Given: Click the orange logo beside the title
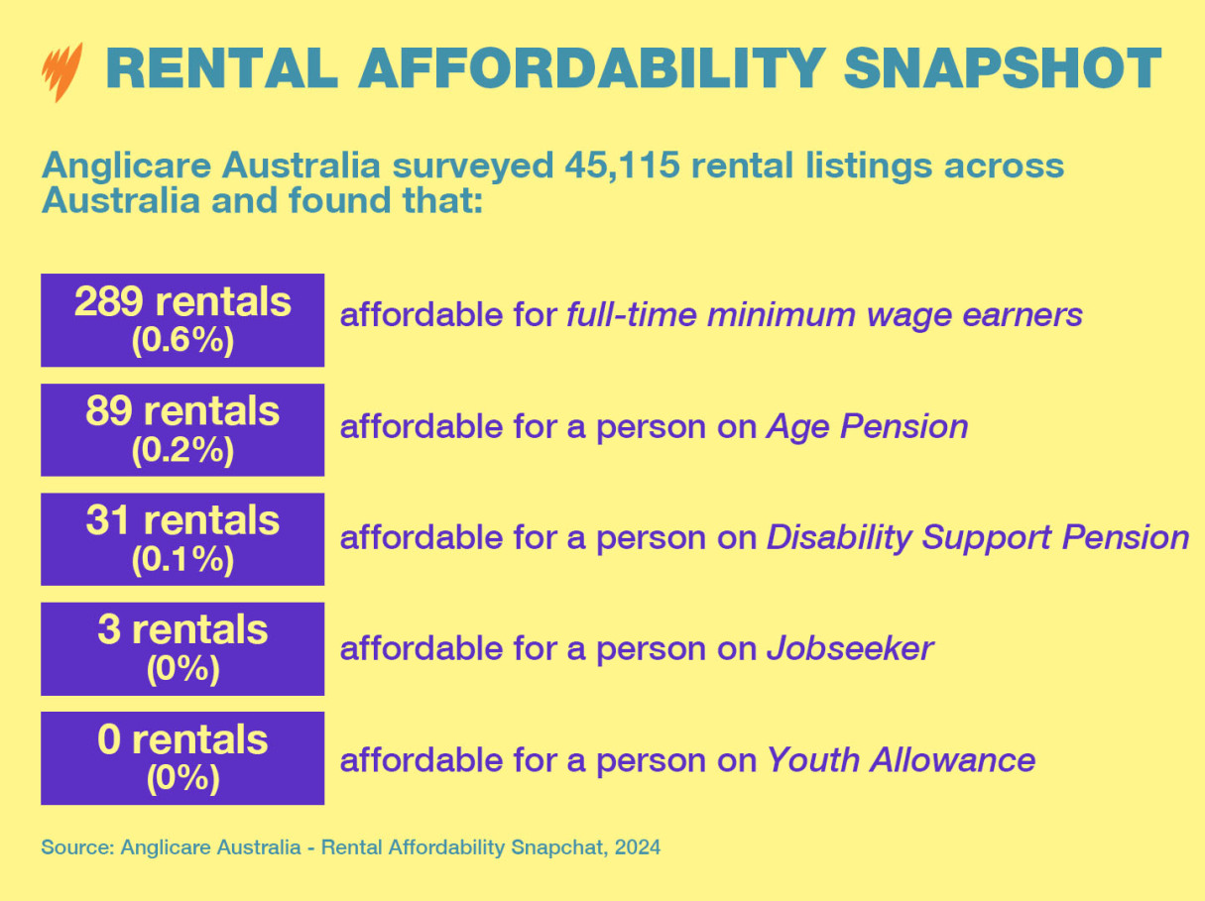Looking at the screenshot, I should click(61, 71).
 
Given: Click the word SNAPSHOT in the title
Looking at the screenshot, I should click(1003, 67).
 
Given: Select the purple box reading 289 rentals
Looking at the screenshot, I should click(182, 319).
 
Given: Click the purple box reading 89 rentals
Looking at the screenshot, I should click(182, 429).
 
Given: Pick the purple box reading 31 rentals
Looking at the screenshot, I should click(182, 538).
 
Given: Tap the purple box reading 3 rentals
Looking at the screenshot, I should click(182, 648).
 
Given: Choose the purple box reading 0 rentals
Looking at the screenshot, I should click(182, 757).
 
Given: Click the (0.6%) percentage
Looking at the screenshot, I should click(182, 341).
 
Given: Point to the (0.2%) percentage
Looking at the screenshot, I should click(182, 451).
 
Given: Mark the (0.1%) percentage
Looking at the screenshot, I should click(182, 560).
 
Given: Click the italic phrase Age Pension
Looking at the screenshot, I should click(867, 426).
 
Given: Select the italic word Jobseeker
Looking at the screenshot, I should click(849, 648).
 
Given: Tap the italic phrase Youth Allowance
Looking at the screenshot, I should click(901, 760).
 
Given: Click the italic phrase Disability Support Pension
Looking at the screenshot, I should click(977, 537).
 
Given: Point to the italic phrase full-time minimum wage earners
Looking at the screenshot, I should click(824, 315).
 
